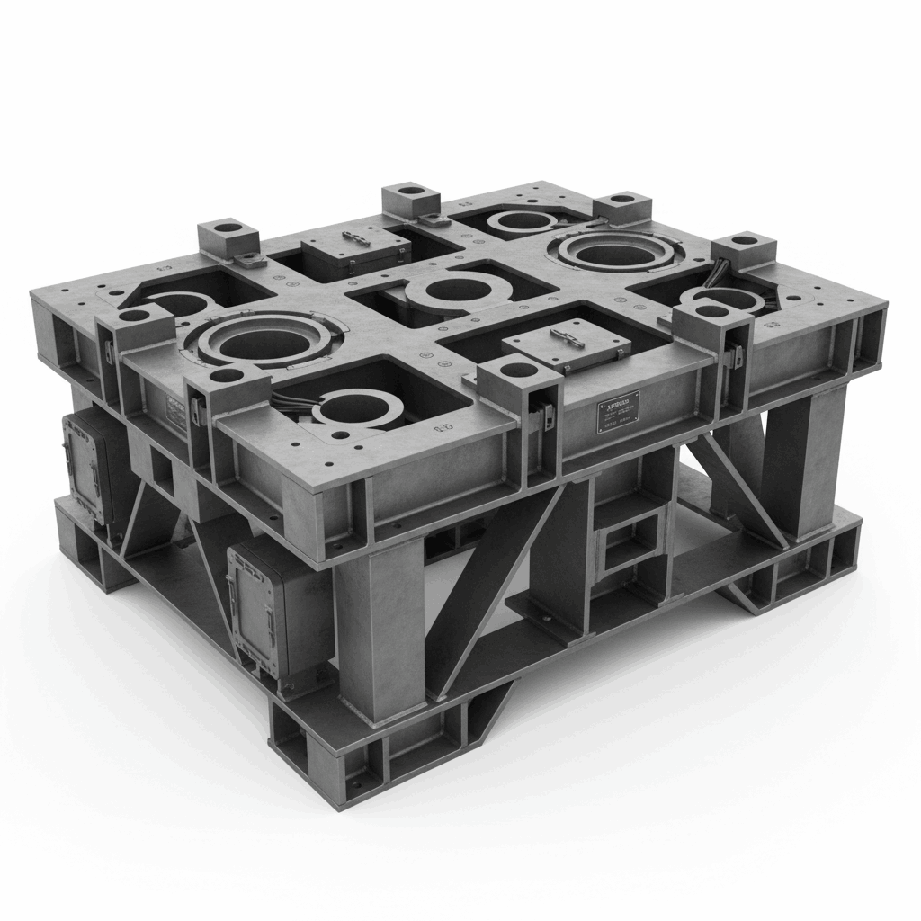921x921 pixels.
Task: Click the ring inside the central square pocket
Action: [448, 293]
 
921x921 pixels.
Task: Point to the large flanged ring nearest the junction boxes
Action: [260, 339]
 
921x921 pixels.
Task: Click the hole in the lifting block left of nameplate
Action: [515, 369]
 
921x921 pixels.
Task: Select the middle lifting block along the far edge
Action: [410, 200]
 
